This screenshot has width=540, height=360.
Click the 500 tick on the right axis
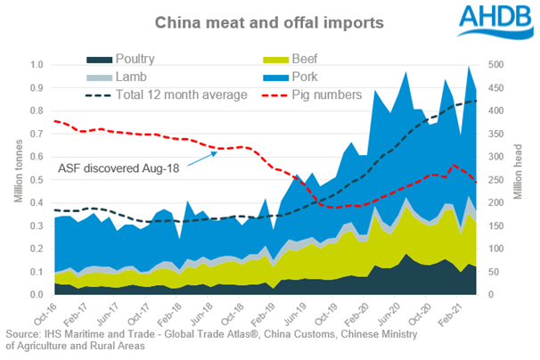tap(491, 65)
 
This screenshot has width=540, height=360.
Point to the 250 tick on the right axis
tap(491, 180)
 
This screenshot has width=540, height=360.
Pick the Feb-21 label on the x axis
tap(448, 315)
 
